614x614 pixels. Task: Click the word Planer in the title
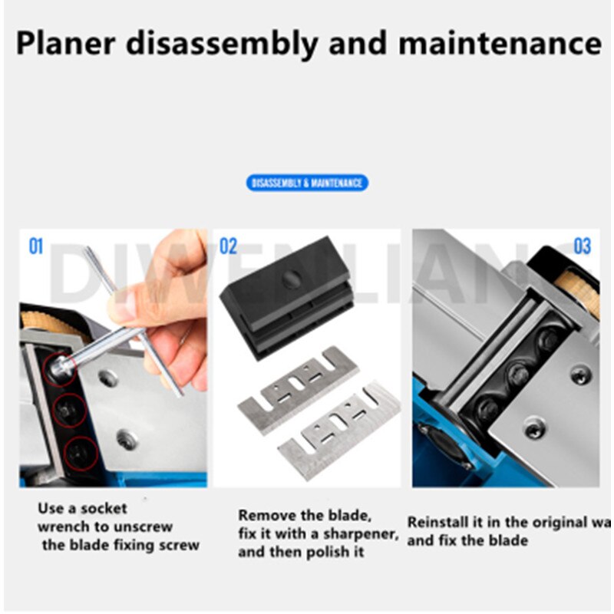[65, 44]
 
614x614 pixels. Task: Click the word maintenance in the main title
[500, 43]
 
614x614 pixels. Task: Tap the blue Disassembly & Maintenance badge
[307, 183]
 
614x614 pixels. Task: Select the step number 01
[37, 246]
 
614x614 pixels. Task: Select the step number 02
[229, 246]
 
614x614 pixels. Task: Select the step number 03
[582, 246]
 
